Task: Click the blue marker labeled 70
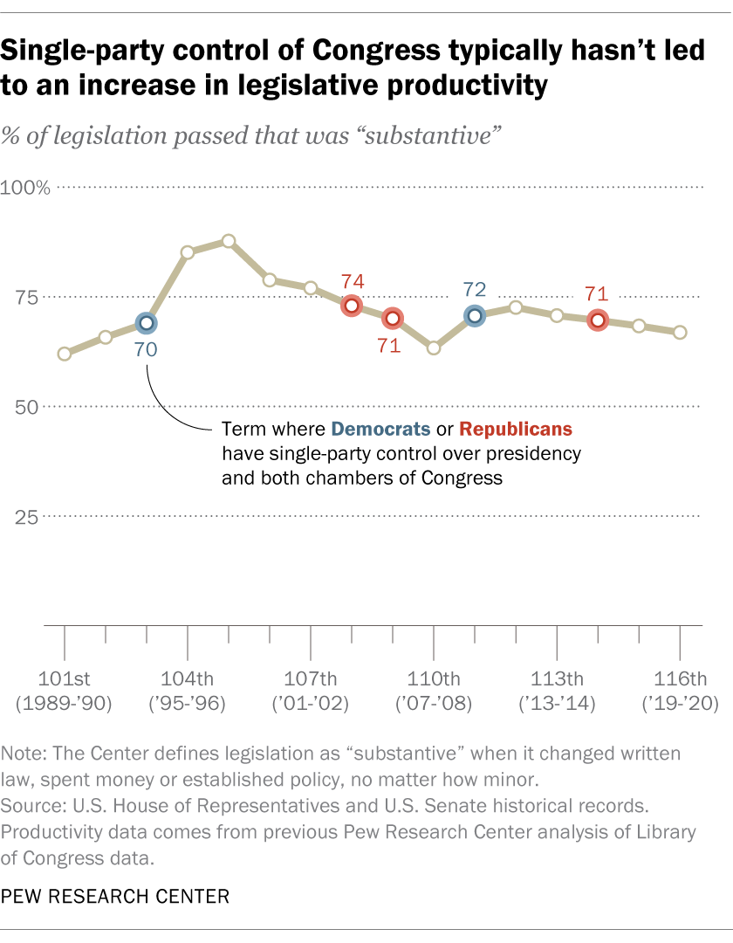147,323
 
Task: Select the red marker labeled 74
352,306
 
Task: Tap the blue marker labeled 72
475,316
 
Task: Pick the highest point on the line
229,241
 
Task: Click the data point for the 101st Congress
65,354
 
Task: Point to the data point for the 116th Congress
680,332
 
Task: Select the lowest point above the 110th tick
434,348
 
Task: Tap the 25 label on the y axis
26,516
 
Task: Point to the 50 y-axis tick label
26,407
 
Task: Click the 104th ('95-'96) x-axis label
188,691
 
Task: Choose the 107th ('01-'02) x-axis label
311,691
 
